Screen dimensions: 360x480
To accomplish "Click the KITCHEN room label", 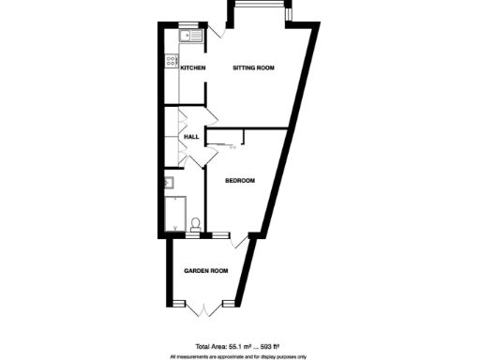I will (193, 68).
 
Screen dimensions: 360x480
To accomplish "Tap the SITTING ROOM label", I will (253, 68).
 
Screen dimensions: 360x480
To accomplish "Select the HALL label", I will (191, 138).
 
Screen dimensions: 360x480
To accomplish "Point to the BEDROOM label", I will (240, 181).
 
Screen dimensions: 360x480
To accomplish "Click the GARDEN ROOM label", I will (206, 271).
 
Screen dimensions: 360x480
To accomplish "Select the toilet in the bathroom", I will (195, 223).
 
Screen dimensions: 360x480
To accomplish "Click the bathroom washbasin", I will (170, 184).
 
